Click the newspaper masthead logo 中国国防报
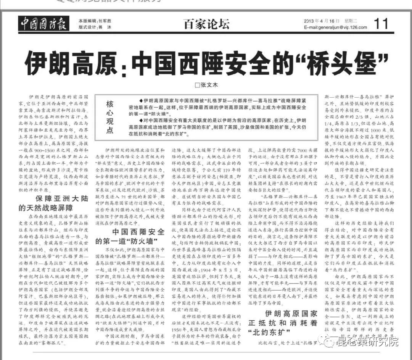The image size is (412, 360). pos(43,24)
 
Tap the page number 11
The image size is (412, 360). pos(381,24)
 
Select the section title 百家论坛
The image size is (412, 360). pos(206,24)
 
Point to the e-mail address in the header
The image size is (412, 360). pos(336,27)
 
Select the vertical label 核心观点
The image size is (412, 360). pos(110,117)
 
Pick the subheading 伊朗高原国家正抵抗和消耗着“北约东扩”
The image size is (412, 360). pos(283,323)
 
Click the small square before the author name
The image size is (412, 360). pos(197,85)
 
